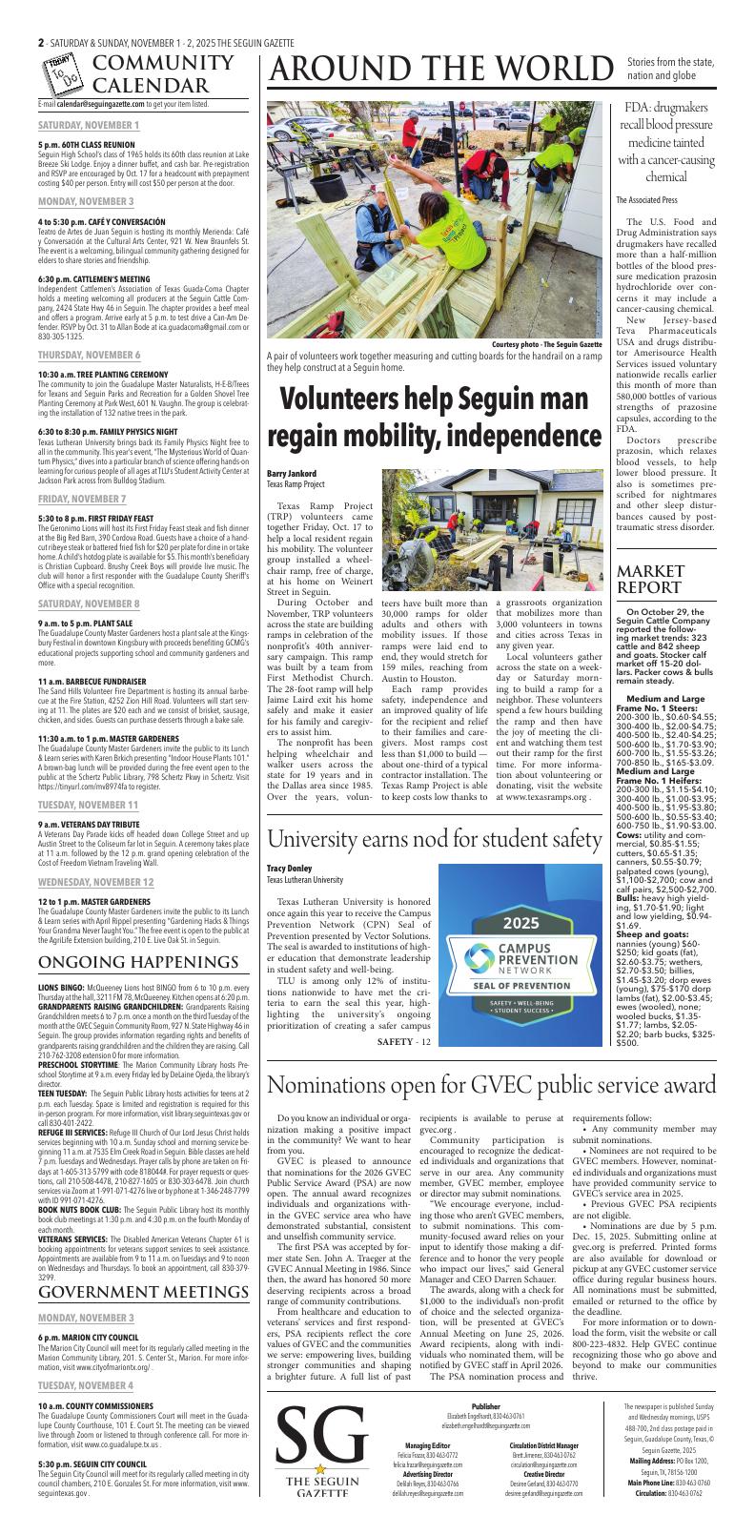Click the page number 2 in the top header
point(41,43)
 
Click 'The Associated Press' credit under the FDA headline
point(646,200)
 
